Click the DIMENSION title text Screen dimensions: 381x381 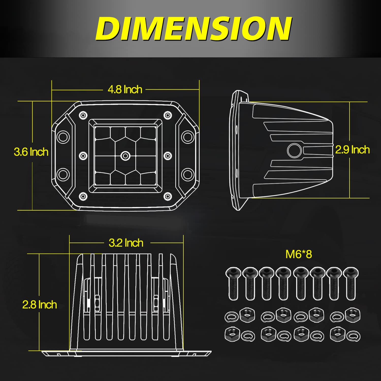194,28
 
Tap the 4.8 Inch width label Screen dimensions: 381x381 125,90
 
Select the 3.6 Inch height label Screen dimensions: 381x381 31,152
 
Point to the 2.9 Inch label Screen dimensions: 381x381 352,150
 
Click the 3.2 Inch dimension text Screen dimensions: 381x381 126,243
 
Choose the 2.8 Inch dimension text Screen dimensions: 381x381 39,305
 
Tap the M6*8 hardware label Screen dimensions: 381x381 298,254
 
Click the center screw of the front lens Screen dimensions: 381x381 125,156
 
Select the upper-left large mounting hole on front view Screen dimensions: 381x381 63,137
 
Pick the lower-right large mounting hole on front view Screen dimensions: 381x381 188,174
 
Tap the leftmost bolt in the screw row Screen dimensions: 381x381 233,282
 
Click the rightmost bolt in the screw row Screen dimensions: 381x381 351,282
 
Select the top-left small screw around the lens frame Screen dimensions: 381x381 83,116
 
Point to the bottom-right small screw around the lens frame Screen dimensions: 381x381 167,196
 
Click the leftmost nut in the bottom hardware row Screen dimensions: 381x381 232,334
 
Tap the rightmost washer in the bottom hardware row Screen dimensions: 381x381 353,336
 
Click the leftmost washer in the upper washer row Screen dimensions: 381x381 231,317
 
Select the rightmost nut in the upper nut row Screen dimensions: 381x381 353,315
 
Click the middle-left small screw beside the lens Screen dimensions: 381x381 83,156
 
